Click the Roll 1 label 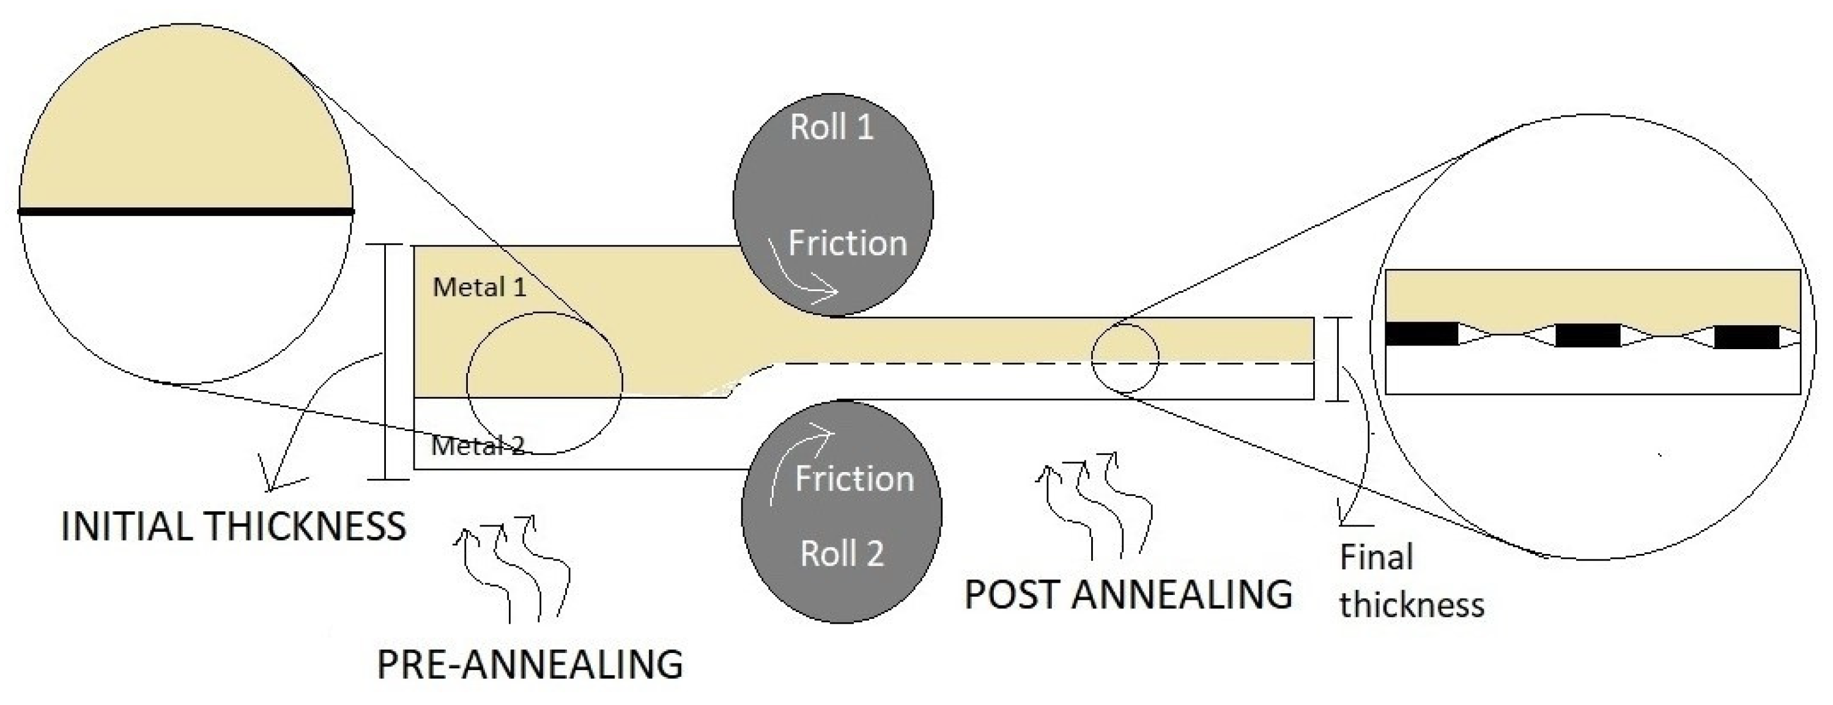pos(831,128)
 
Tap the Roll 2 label pos(842,554)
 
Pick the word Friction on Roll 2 pos(854,479)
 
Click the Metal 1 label pos(480,287)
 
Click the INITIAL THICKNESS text pos(234,527)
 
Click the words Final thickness pos(1411,581)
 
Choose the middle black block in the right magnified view pos(1588,335)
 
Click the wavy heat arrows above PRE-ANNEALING pos(513,569)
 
